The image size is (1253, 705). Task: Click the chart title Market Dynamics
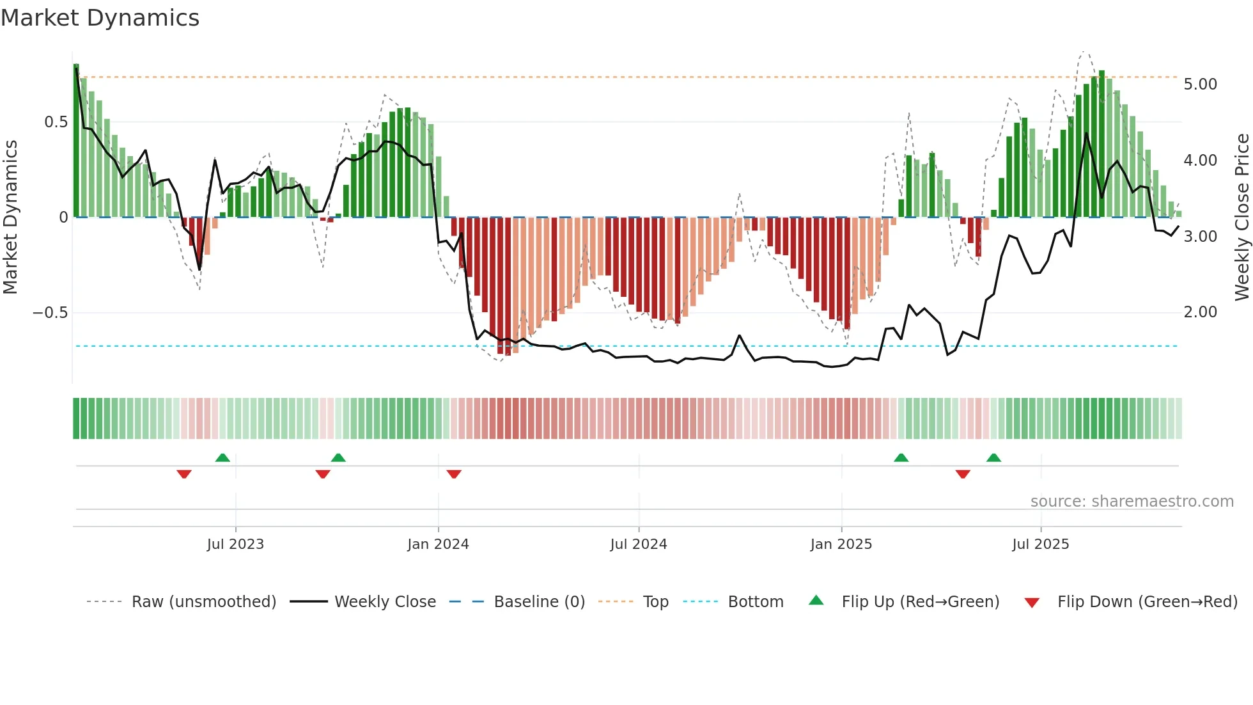100,18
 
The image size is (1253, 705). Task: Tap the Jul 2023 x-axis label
235,544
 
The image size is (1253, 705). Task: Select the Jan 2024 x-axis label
438,544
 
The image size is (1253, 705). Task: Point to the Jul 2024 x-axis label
638,544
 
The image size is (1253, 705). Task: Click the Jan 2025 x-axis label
841,544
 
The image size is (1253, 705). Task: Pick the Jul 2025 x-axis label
1040,544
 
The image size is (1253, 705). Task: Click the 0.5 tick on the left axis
56,122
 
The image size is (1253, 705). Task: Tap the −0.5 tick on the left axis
50,313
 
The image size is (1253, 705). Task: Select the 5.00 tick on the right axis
1200,84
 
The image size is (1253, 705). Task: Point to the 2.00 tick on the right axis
1200,312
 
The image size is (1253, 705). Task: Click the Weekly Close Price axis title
1241,218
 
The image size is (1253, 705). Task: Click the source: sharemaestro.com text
1132,502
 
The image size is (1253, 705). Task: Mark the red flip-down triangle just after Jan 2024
454,474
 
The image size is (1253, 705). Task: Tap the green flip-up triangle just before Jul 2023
222,457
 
